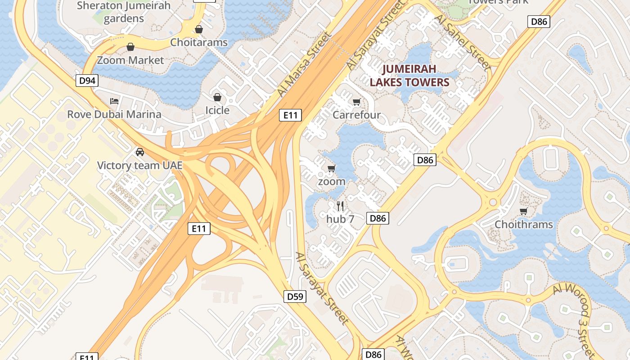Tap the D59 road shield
pos(295,297)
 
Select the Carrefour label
pos(356,115)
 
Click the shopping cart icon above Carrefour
pos(356,102)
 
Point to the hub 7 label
pos(340,219)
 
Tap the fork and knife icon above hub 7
pos(340,206)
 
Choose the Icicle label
pos(217,110)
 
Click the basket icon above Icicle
pos(217,97)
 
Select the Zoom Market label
pos(130,60)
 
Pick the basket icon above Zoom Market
pos(130,47)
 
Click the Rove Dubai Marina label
pos(114,114)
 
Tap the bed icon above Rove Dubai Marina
pos(114,101)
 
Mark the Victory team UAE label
pos(140,165)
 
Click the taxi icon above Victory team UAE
pos(140,152)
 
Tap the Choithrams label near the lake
pos(524,224)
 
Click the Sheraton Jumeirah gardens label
pos(124,12)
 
